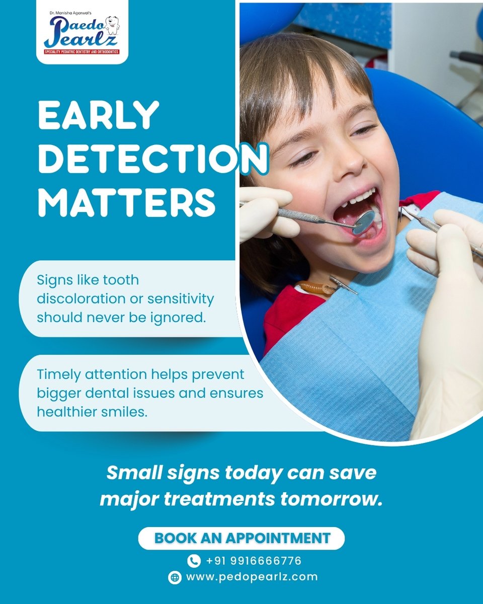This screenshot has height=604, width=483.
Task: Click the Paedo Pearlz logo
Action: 82,32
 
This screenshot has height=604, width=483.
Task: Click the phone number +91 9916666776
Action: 254,560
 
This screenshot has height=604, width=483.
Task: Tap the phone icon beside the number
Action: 194,561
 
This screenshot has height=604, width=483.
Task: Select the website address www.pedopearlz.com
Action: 252,577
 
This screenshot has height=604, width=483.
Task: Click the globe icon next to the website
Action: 175,577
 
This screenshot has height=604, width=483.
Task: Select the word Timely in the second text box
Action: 56,374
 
